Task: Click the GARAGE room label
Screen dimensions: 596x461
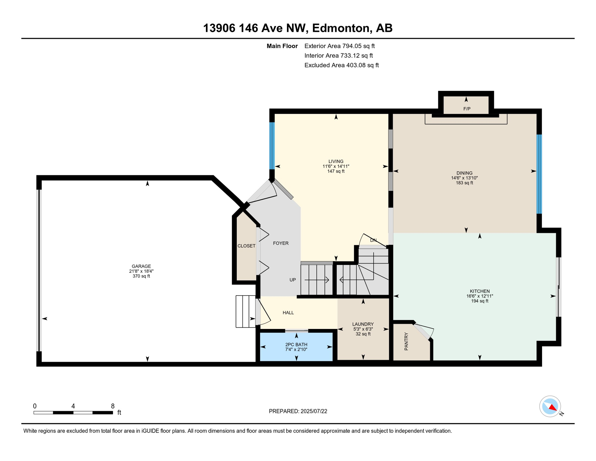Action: pyautogui.click(x=141, y=266)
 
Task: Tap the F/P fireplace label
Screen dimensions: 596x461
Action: pyautogui.click(x=467, y=109)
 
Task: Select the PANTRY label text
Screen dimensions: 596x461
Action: pyautogui.click(x=406, y=341)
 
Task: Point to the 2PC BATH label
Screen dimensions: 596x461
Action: pyautogui.click(x=296, y=345)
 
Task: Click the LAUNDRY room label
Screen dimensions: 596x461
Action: pyautogui.click(x=363, y=324)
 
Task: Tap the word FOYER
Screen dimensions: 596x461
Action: pyautogui.click(x=281, y=243)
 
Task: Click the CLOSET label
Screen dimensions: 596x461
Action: pyautogui.click(x=246, y=246)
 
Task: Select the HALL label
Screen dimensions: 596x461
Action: pyautogui.click(x=288, y=313)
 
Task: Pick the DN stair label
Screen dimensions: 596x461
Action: pyautogui.click(x=373, y=240)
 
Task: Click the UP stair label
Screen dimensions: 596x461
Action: pyautogui.click(x=293, y=280)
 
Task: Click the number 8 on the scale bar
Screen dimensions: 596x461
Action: pyautogui.click(x=113, y=406)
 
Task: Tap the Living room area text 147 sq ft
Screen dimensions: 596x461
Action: pyautogui.click(x=336, y=171)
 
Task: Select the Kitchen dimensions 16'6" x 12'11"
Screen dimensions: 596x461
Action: pyautogui.click(x=480, y=296)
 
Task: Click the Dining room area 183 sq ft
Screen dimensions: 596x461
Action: pyautogui.click(x=464, y=183)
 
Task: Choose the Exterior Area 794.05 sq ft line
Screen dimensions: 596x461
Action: pyautogui.click(x=339, y=46)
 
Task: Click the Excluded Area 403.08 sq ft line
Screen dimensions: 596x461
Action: pyautogui.click(x=341, y=65)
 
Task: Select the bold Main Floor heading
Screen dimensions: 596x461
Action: pyautogui.click(x=282, y=46)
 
